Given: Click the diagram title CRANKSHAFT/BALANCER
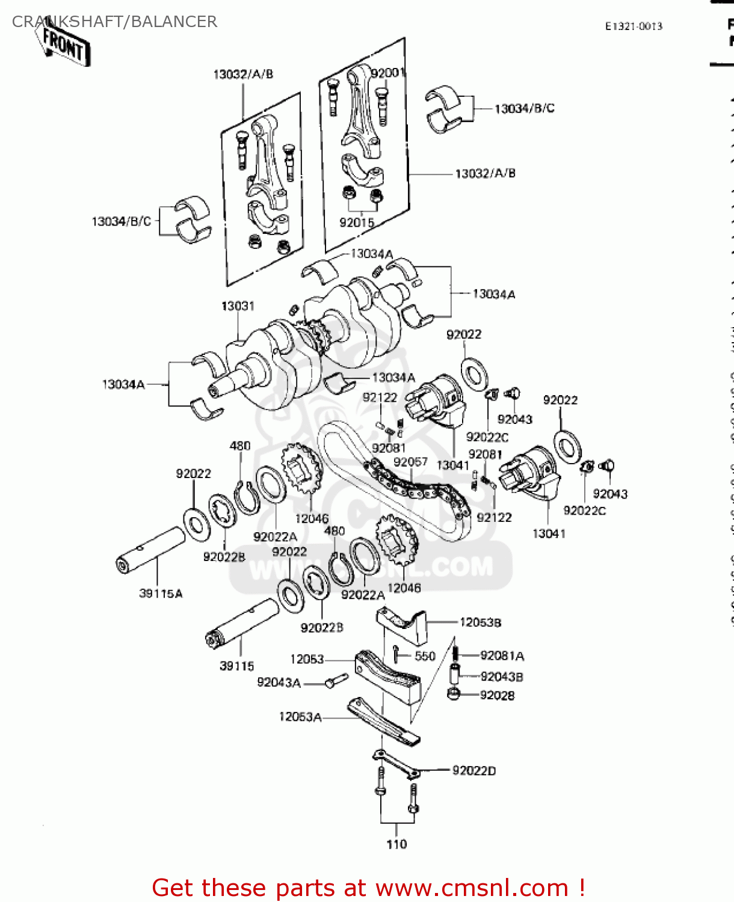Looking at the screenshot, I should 114,22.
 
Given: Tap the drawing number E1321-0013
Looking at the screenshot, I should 634,26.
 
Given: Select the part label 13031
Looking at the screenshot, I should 238,306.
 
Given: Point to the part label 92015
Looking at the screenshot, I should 356,222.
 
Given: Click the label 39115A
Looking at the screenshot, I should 161,594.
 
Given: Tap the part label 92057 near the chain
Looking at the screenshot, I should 410,462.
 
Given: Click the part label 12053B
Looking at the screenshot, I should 480,622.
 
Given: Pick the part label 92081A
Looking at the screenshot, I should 502,656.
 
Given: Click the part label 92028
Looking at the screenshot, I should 497,696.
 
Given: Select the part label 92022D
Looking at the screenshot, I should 474,771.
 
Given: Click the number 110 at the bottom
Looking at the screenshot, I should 396,844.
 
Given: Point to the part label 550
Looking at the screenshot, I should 425,656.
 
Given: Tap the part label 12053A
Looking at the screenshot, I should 300,717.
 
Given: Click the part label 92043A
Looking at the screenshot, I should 279,683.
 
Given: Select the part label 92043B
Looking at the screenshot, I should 501,677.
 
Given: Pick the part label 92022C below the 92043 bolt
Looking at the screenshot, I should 487,437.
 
